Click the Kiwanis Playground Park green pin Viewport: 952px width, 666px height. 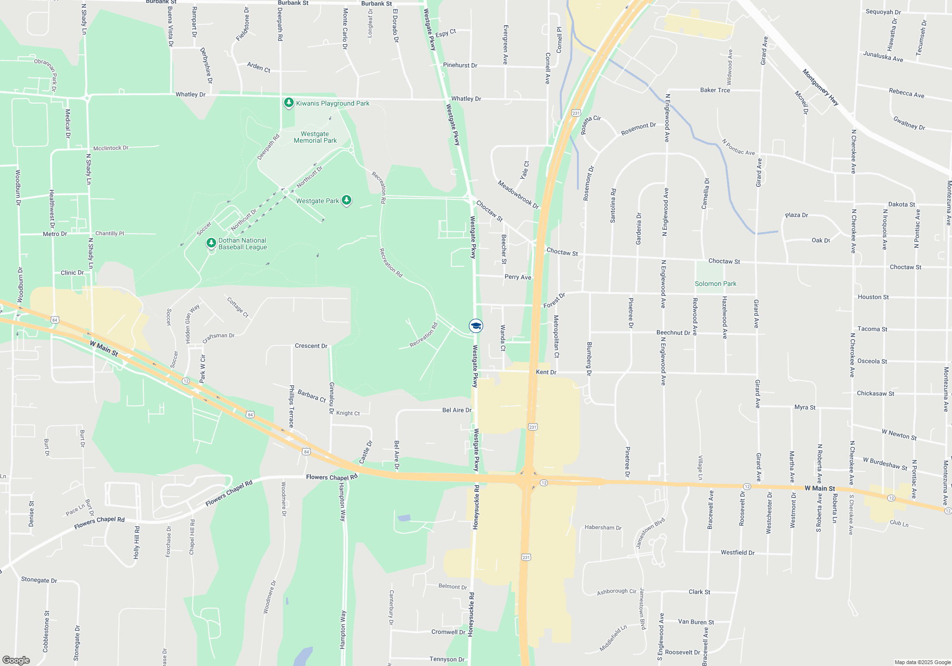pos(288,103)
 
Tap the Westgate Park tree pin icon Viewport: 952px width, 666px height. pos(347,200)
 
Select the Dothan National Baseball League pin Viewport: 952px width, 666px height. pos(211,244)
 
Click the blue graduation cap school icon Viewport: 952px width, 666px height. pos(476,326)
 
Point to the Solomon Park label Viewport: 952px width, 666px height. pos(715,284)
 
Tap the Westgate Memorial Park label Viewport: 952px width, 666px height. pos(315,137)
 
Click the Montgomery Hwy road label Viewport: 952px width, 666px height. pos(820,87)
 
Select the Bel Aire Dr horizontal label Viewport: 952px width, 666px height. pos(456,410)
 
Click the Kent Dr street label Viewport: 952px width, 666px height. pos(546,372)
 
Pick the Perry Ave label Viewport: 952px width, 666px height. pos(518,277)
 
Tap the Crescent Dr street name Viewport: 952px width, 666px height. pos(311,346)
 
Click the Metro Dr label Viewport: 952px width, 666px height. pos(55,234)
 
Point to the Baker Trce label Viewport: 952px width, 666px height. pos(715,90)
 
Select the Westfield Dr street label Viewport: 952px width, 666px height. pos(737,552)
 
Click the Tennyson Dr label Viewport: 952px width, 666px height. pos(446,659)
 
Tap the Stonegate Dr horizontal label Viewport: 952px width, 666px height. pos(39,580)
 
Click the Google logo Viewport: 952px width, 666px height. pos(16,660)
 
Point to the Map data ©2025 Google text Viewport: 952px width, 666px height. pos(922,662)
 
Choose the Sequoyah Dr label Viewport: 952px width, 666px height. pos(883,12)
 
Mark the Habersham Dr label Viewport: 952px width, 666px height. pos(603,527)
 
